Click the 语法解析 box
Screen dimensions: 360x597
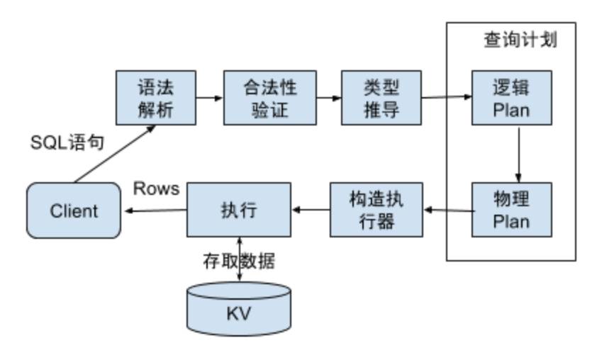155,98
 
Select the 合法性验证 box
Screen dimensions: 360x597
269,98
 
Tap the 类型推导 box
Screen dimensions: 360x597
381,98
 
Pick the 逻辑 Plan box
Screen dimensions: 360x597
511,98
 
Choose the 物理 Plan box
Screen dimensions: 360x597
511,210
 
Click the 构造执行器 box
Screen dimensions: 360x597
376,210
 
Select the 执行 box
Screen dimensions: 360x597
238,210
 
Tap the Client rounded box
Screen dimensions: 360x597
74,210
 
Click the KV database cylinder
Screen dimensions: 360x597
238,309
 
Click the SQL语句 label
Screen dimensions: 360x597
67,143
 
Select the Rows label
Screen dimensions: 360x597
156,189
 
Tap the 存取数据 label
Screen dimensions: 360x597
238,261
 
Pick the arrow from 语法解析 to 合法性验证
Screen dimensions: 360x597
209,98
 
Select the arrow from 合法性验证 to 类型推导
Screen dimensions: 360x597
328,98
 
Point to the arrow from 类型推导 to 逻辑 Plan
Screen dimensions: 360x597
446,97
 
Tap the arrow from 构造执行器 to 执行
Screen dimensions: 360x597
310,210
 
